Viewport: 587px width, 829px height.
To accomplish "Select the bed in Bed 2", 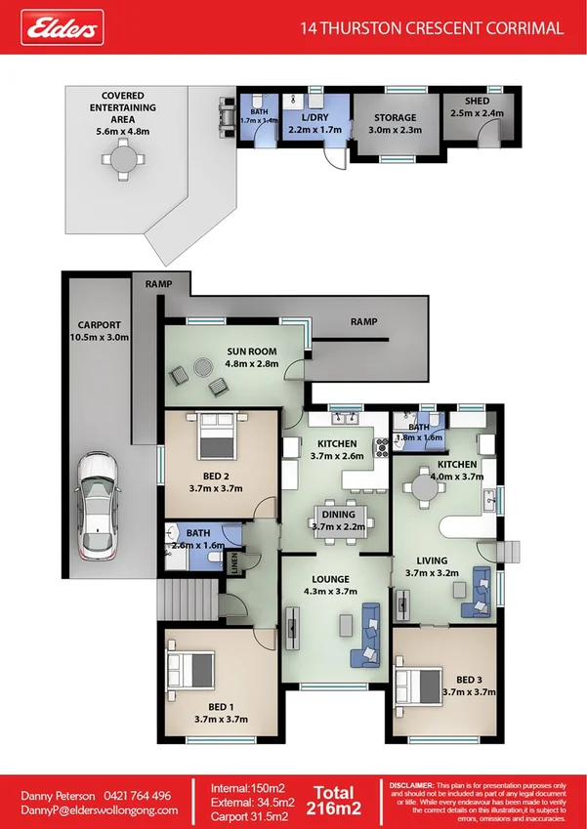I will pos(216,435).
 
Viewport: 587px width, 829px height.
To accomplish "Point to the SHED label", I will pos(477,100).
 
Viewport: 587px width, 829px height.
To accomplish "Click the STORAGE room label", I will pos(394,117).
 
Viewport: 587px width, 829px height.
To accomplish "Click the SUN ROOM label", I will pos(252,352).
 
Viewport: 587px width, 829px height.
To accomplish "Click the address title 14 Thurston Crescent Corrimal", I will pos(433,28).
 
